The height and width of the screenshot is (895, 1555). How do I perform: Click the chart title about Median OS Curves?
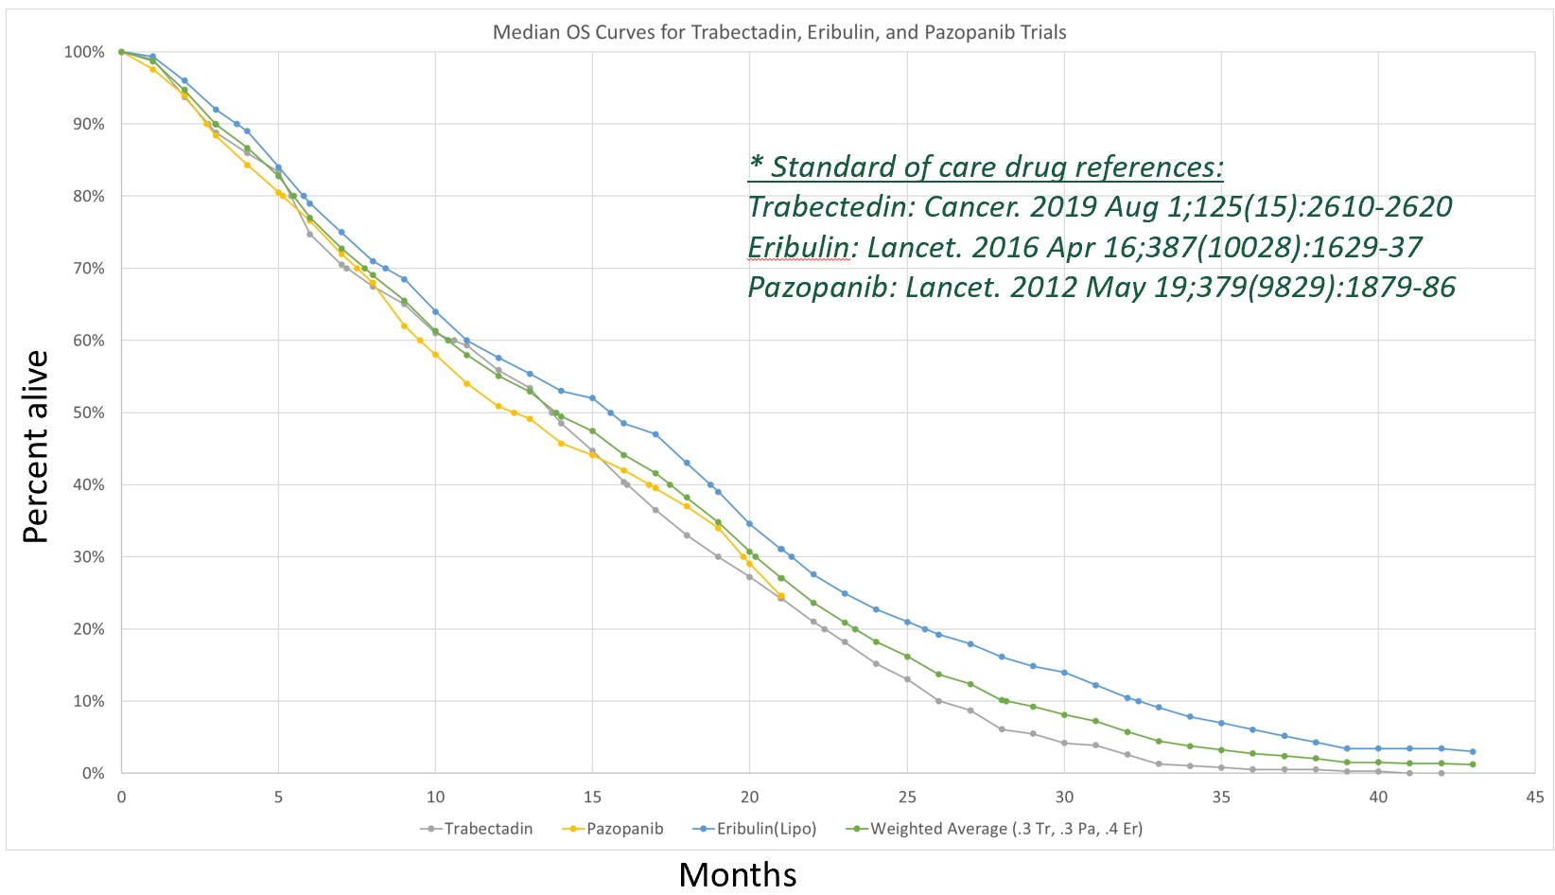(779, 32)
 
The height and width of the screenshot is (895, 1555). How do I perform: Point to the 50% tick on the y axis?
(85, 412)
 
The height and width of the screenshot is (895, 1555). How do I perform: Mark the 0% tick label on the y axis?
(92, 773)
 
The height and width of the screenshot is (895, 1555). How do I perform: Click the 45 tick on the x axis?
(1535, 797)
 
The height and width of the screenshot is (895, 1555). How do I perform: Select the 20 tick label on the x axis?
(749, 797)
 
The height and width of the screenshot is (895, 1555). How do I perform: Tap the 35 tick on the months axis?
(1221, 797)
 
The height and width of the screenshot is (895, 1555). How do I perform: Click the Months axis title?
(738, 873)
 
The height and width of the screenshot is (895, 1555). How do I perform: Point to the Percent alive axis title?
(36, 447)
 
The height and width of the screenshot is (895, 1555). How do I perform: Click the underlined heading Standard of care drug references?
(986, 167)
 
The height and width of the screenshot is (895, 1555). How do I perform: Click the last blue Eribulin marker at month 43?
(1473, 751)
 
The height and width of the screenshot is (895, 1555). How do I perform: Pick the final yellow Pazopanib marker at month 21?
(781, 596)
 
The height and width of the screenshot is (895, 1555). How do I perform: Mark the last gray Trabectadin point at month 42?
(1441, 773)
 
